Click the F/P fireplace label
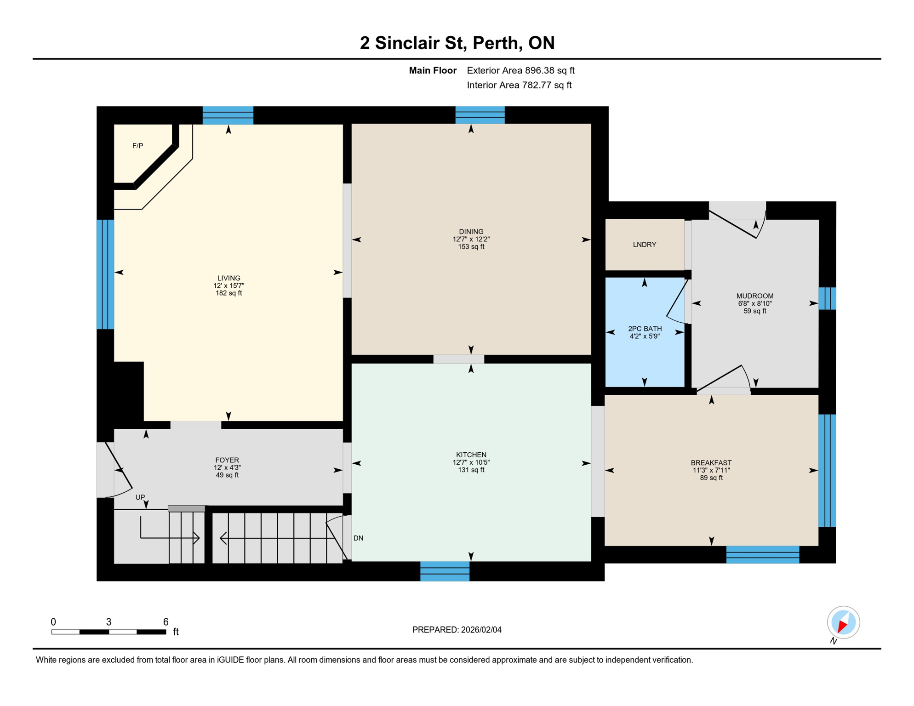pos(137,146)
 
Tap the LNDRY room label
pos(644,245)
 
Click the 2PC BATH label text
pos(645,329)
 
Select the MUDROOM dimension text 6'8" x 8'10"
pos(754,303)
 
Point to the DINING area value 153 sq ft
pos(471,247)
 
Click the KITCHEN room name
pos(471,455)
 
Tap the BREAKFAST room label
pos(711,463)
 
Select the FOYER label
pos(227,460)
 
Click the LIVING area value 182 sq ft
pos(228,293)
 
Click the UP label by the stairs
pos(140,497)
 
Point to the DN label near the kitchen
pos(358,538)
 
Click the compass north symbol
pos(843,623)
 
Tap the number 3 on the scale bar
pos(109,622)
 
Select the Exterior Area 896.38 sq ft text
pos(520,70)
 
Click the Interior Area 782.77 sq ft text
pos(519,85)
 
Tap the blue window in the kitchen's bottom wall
pos(445,571)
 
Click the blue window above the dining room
pos(480,115)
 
